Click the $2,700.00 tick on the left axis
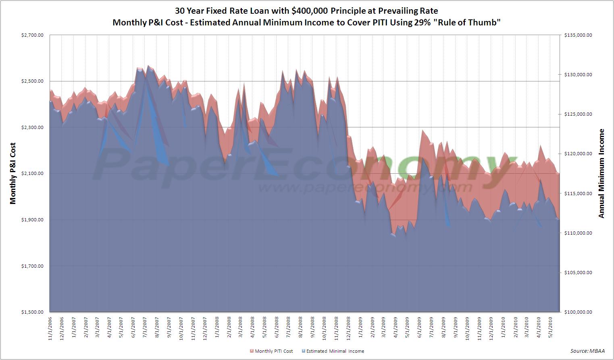(x=32, y=35)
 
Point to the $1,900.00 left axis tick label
(x=32, y=220)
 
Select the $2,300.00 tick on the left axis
(x=32, y=127)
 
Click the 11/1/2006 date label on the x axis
(x=50, y=329)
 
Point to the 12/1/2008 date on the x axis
(x=349, y=329)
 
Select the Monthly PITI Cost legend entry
(x=271, y=351)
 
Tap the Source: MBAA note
(x=587, y=351)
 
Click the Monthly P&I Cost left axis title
(x=13, y=173)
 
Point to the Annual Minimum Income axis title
(x=602, y=173)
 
